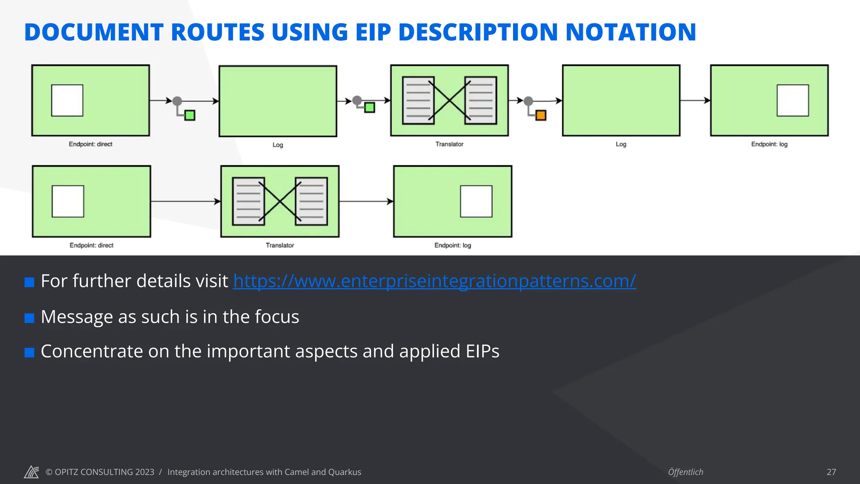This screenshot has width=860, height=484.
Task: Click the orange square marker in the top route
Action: pyautogui.click(x=541, y=115)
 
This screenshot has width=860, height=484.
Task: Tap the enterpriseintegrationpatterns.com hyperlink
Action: pyautogui.click(x=434, y=281)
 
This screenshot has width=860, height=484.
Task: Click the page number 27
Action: pyautogui.click(x=831, y=472)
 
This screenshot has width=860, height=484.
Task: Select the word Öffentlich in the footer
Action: pyautogui.click(x=685, y=472)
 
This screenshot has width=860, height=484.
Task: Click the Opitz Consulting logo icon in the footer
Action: pyautogui.click(x=31, y=472)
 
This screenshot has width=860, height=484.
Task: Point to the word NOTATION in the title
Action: pyautogui.click(x=631, y=32)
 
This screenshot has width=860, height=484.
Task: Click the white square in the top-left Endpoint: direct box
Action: pyautogui.click(x=67, y=100)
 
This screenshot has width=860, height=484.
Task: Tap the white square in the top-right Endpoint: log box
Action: pyautogui.click(x=792, y=100)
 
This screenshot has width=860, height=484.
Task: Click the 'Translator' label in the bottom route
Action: pyautogui.click(x=280, y=245)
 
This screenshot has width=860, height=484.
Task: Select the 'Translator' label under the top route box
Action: pyautogui.click(x=449, y=144)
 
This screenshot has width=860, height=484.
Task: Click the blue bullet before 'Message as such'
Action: pyautogui.click(x=29, y=318)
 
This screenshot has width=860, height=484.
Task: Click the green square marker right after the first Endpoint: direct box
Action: pyautogui.click(x=190, y=115)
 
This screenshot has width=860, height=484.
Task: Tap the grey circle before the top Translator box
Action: pyautogui.click(x=357, y=100)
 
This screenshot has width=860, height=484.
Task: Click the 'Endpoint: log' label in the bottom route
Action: pyautogui.click(x=453, y=245)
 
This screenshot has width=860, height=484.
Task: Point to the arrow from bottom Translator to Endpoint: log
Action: pyautogui.click(x=366, y=201)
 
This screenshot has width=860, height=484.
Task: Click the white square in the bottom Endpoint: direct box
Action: pyautogui.click(x=68, y=201)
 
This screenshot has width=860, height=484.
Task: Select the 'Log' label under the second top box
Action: pyautogui.click(x=278, y=145)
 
